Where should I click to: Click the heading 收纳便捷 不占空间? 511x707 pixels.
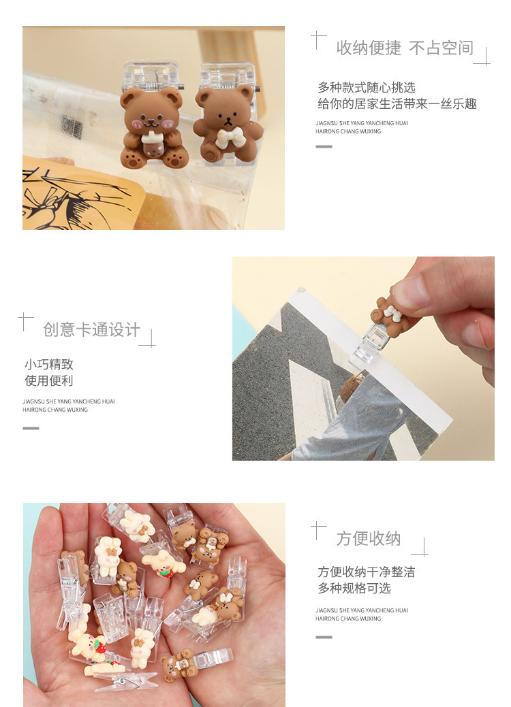[404, 48]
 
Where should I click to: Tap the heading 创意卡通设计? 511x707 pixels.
[91, 330]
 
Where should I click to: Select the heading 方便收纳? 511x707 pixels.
[368, 539]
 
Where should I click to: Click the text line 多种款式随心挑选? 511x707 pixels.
[366, 88]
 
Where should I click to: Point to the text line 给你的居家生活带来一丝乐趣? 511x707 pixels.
[397, 104]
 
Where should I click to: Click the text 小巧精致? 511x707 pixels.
[49, 365]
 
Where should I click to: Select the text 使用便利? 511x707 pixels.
[49, 381]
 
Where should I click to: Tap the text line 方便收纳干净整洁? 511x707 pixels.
[366, 572]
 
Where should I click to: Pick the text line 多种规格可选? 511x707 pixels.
[354, 589]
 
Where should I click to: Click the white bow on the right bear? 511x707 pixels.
[224, 139]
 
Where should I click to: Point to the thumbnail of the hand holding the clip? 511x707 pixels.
[363, 359]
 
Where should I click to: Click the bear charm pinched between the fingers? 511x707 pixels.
[393, 310]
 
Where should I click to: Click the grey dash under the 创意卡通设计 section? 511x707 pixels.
[31, 428]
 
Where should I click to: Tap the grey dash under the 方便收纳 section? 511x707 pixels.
[324, 637]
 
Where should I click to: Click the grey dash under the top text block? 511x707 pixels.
[324, 146]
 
